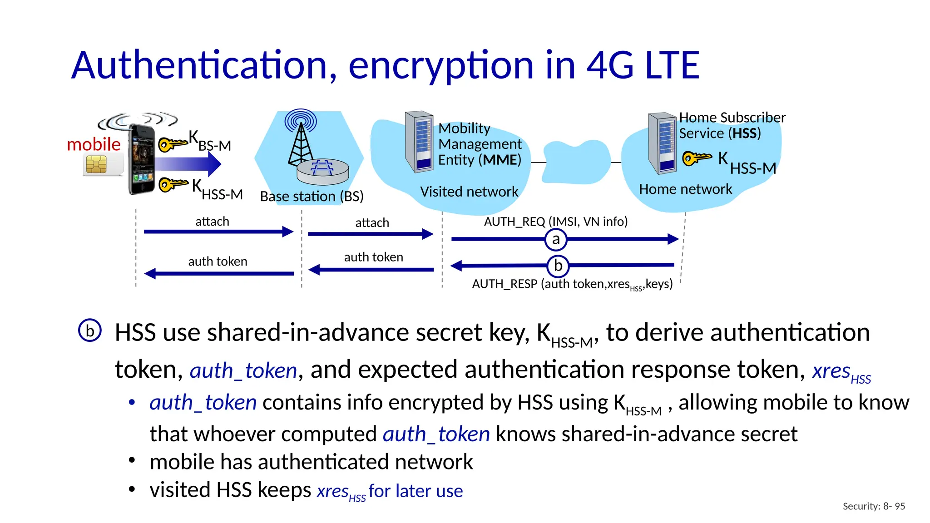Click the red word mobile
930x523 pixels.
[94, 144]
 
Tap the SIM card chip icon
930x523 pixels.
[96, 164]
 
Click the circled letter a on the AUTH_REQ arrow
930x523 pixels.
[556, 239]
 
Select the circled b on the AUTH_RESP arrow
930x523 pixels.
[558, 266]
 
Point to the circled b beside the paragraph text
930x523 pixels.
[90, 331]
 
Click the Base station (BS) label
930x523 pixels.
[312, 196]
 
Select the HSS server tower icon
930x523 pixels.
[663, 143]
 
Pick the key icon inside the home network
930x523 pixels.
[697, 158]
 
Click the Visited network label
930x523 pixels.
[469, 192]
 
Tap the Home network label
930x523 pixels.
[685, 189]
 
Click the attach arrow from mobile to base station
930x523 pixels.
[218, 232]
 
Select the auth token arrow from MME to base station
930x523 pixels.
[371, 270]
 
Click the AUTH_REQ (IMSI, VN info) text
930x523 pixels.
[555, 222]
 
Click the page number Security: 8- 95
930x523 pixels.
[873, 506]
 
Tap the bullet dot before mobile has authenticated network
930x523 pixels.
[132, 460]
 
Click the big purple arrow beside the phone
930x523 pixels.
[188, 164]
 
